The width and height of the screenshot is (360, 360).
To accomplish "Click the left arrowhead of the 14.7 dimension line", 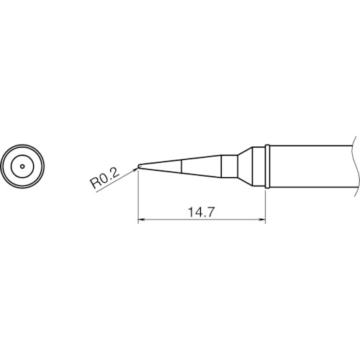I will pyautogui.click(x=141, y=220).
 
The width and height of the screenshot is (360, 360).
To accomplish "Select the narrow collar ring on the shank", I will pyautogui.click(x=266, y=166).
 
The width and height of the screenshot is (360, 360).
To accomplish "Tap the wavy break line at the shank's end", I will pyautogui.click(x=354, y=166).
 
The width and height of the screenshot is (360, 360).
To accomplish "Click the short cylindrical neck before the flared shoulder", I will pyautogui.click(x=228, y=166).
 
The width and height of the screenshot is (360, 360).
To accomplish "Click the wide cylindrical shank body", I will pyautogui.click(x=310, y=166).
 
